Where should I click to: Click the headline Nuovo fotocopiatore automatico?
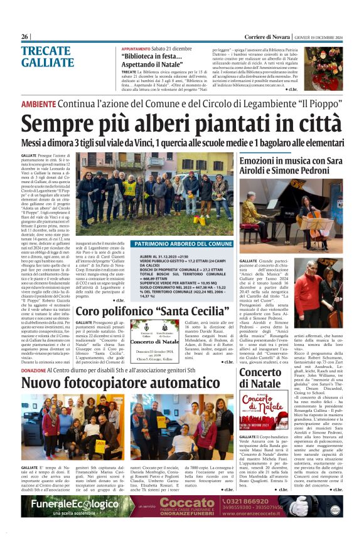click(121, 382)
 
